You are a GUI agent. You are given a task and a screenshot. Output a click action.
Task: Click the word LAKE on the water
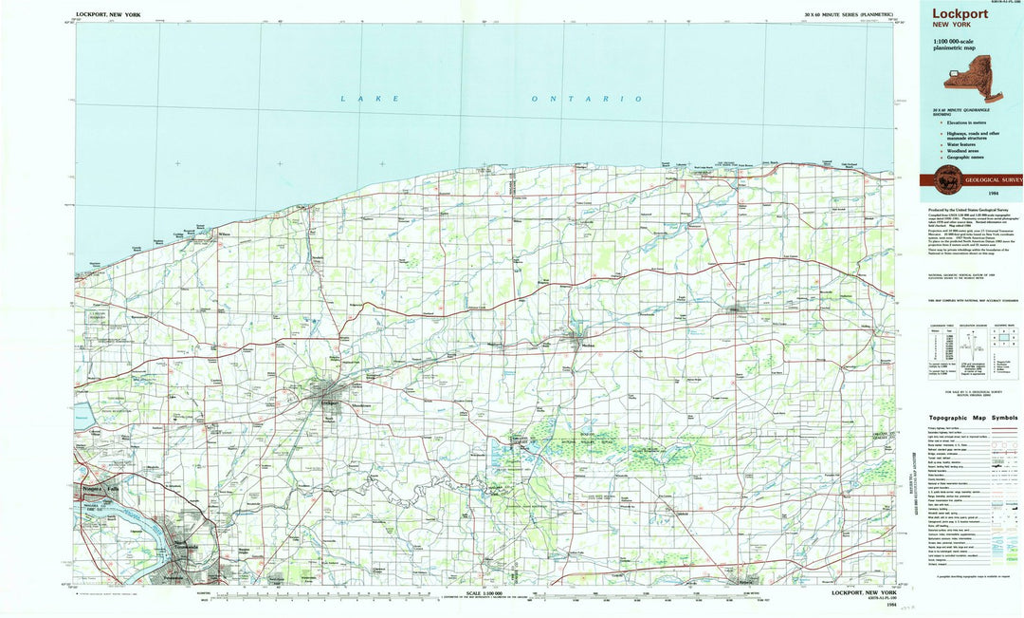point(371,98)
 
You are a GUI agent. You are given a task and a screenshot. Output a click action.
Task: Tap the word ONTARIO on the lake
point(586,99)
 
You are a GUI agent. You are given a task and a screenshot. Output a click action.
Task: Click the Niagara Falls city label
point(99,488)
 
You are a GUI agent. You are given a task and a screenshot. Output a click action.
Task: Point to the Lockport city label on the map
point(329,403)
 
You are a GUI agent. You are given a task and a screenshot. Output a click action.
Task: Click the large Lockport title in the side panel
point(960,14)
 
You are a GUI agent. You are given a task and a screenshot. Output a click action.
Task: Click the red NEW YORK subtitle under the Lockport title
point(951,25)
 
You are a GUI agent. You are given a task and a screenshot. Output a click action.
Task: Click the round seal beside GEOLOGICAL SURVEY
point(946,178)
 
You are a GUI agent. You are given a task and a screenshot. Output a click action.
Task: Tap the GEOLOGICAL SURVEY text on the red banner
point(992,178)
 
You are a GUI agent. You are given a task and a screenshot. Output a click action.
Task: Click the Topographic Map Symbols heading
point(973,418)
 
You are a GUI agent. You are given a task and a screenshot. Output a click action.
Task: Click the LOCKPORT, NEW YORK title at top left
point(108,15)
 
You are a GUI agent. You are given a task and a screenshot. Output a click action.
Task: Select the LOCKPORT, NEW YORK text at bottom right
point(862,593)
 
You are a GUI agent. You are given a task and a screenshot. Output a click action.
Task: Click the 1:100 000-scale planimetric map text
point(956,46)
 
